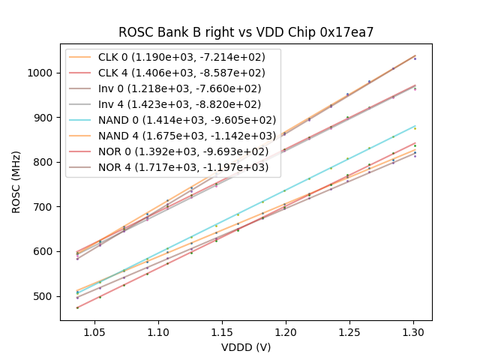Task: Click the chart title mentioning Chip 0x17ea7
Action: point(246,32)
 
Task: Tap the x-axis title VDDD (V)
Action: point(246,347)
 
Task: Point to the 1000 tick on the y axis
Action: point(42,73)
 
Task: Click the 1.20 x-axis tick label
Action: point(286,330)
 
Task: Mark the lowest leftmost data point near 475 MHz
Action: point(77,307)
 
